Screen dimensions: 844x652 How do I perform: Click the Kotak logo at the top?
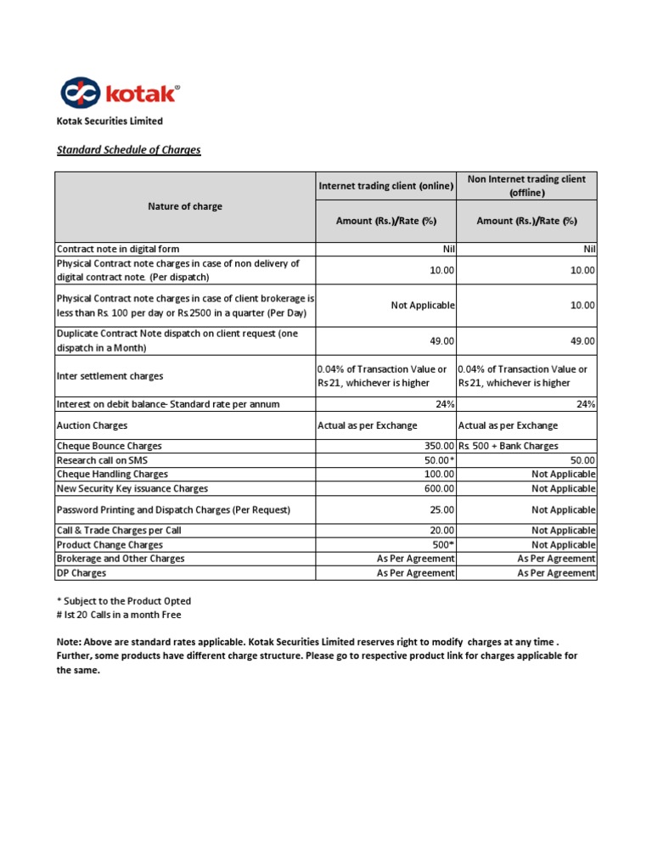tap(118, 93)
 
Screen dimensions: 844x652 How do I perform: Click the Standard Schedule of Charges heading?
tap(128, 150)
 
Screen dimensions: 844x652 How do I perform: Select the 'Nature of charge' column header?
tap(185, 206)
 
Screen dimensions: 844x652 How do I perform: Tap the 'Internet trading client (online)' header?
tap(385, 185)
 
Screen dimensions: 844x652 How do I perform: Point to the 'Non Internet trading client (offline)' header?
tap(526, 185)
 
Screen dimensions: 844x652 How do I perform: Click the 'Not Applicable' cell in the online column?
tap(422, 305)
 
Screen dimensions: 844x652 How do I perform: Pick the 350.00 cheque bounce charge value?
tap(439, 446)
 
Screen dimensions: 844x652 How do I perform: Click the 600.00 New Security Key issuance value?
tap(440, 488)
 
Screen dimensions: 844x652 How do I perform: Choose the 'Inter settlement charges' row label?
tap(110, 375)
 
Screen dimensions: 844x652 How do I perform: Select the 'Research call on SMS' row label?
tap(101, 460)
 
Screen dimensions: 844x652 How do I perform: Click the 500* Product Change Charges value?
tap(442, 544)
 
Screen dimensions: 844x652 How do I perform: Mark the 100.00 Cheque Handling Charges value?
tap(440, 474)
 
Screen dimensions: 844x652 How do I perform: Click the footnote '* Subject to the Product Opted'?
tap(124, 601)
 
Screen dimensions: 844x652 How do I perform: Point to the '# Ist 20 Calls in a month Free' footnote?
tap(119, 615)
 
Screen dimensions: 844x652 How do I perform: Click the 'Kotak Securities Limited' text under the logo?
tap(110, 121)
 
